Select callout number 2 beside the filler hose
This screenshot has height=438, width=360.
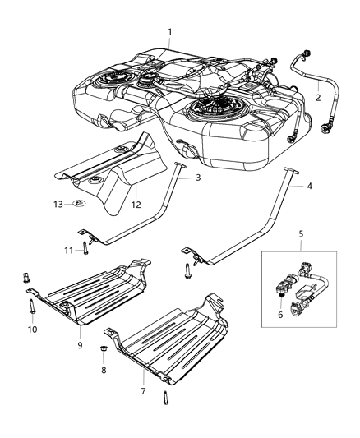[318, 97]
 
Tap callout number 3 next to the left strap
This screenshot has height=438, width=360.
[197, 177]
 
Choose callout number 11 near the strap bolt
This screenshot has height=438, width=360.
[70, 249]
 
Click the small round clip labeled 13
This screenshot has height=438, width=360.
[79, 202]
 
